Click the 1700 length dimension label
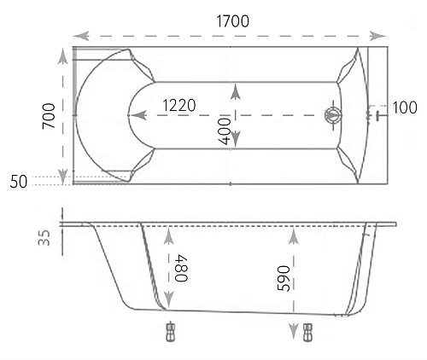point(225,21)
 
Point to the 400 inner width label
point(224,131)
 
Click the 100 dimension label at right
point(405,107)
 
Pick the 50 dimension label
point(19,181)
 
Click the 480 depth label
point(181,268)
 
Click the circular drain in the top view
point(331,114)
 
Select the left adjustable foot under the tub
point(170,330)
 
